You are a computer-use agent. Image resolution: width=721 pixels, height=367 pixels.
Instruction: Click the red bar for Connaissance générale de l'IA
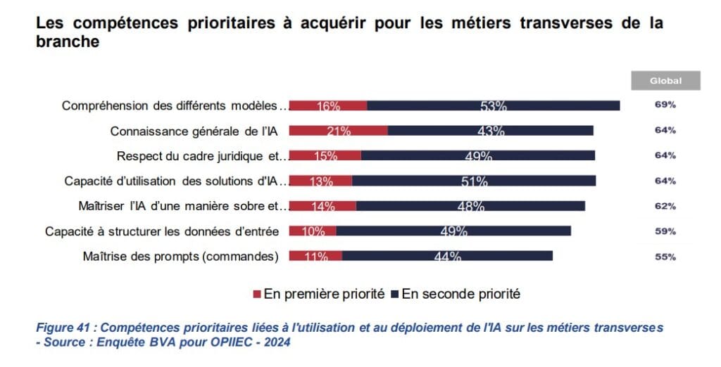coord(338,130)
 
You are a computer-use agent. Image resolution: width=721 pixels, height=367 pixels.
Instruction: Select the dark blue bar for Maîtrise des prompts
coord(447,256)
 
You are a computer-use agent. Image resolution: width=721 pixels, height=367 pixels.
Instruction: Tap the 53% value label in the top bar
coord(494,105)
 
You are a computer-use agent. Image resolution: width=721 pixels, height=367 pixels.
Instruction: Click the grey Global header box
coord(665,81)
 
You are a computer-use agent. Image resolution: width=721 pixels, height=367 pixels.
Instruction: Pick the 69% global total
coord(665,105)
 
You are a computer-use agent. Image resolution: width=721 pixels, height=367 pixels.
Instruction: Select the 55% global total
coord(665,257)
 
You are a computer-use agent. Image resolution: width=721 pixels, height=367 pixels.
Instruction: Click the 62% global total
coord(665,206)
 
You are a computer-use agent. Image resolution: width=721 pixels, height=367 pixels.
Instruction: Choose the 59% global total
coord(665,231)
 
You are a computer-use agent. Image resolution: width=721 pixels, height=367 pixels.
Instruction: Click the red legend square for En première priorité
coord(257,294)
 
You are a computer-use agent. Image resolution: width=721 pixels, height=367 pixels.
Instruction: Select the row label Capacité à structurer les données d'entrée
coord(162,231)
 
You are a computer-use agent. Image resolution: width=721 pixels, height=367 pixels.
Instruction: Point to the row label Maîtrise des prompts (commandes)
coord(180,257)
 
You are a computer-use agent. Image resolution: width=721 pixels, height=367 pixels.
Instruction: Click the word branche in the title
coord(67,41)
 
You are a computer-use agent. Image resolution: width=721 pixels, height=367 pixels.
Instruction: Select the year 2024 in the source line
coord(275,342)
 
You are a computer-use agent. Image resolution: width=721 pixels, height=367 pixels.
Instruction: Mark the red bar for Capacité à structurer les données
coord(312,231)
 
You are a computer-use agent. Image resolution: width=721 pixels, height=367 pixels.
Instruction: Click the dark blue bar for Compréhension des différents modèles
coord(493,105)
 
